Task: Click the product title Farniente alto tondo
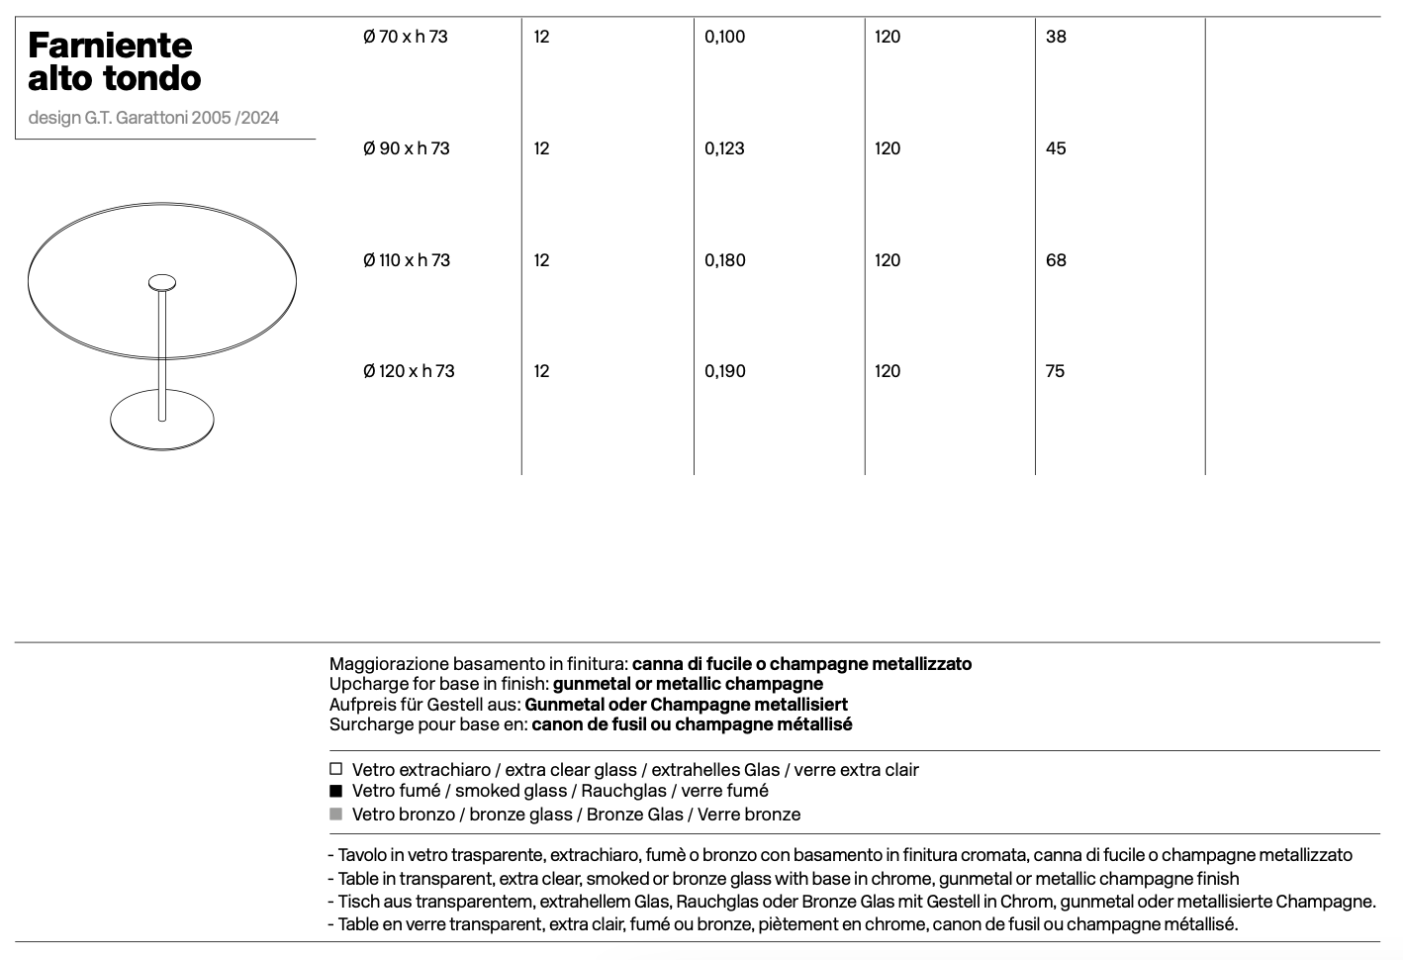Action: tap(114, 60)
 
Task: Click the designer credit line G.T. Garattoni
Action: tap(153, 118)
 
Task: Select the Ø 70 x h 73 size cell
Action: tap(405, 38)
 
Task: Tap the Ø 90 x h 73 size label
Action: tap(406, 148)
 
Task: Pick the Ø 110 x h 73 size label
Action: tap(406, 260)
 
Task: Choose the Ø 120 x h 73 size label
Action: tap(409, 371)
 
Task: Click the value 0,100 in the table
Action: tap(724, 38)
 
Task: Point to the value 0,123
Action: tap(724, 148)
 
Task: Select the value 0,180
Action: tap(724, 260)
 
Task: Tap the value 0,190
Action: tap(724, 371)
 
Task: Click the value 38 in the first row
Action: tap(1056, 38)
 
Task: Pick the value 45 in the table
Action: tap(1056, 148)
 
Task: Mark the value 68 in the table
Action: tap(1056, 260)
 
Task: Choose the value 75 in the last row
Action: tap(1055, 371)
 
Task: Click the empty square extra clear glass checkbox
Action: tap(336, 769)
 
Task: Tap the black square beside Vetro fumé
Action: tap(336, 791)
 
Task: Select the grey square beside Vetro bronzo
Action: tap(336, 814)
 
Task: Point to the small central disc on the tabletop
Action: tap(162, 283)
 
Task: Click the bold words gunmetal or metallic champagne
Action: tap(688, 684)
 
